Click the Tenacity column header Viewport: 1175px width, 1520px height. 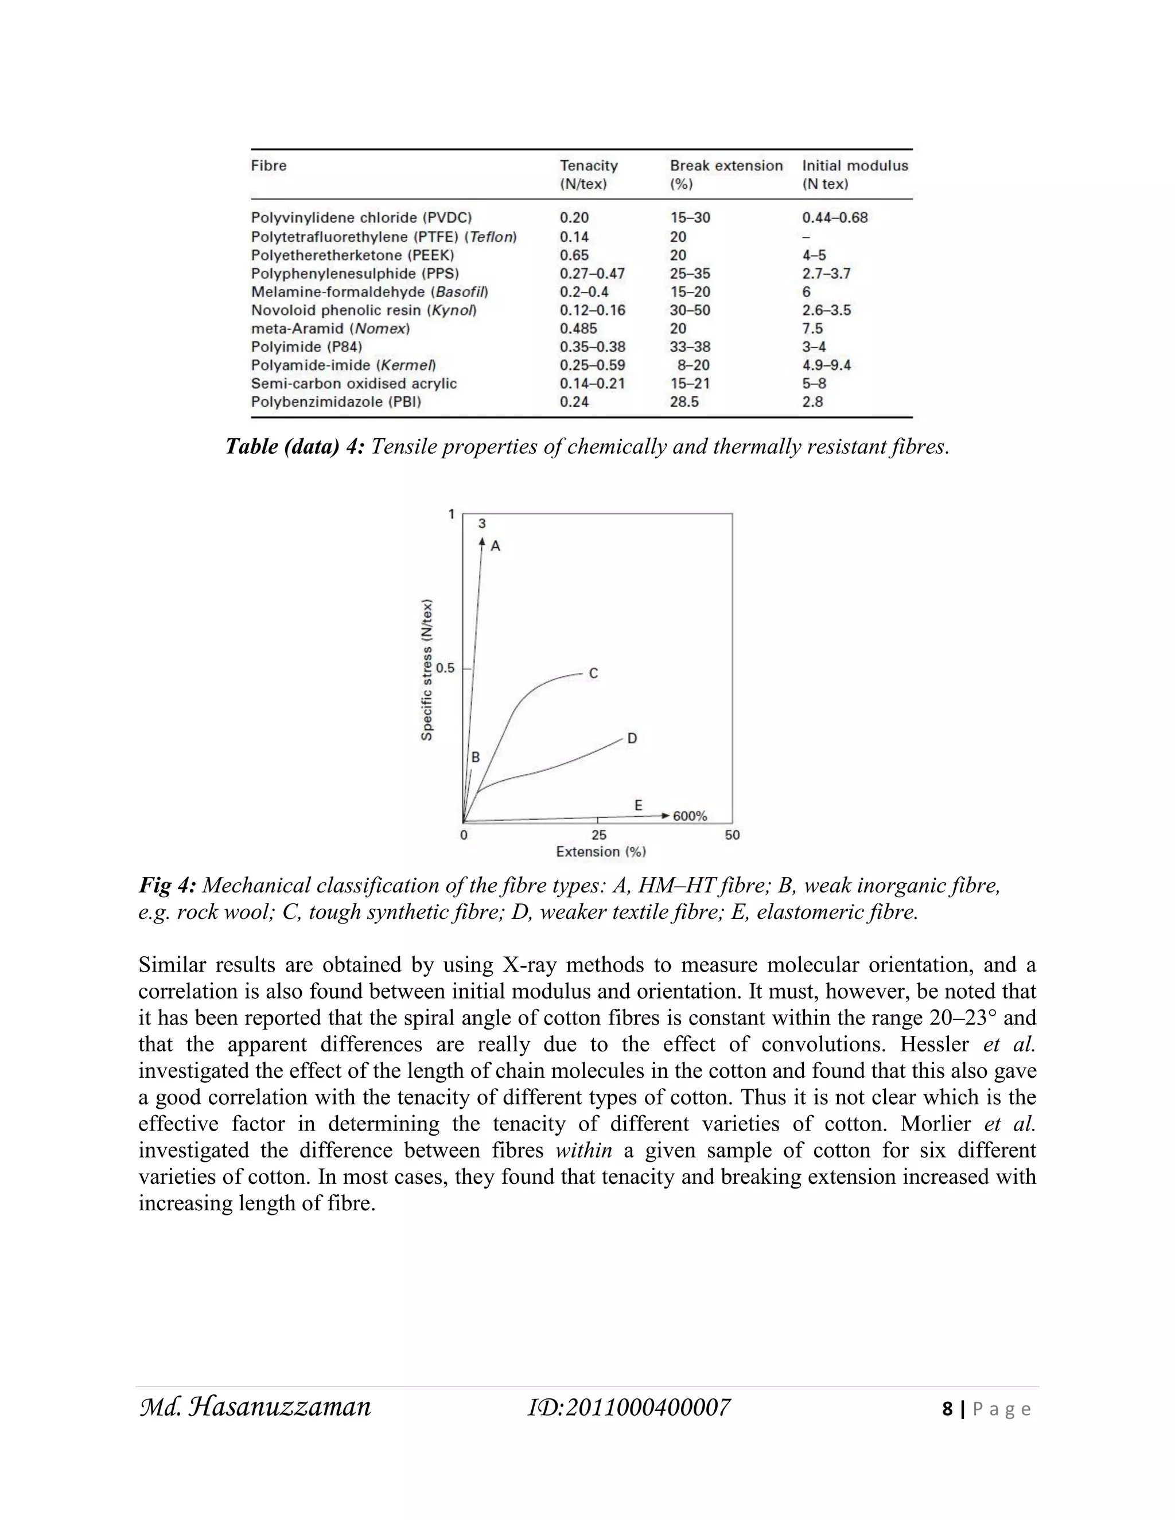tap(588, 166)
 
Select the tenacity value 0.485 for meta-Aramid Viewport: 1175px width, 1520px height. tap(578, 329)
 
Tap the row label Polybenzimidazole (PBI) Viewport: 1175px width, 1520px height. tap(336, 402)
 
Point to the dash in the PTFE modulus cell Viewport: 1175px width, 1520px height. tap(806, 237)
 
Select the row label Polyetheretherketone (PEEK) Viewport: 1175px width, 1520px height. tap(352, 255)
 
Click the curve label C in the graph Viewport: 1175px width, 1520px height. tap(593, 674)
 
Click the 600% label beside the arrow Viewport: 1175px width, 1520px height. tap(689, 816)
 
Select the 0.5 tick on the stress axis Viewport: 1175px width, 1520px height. tap(445, 668)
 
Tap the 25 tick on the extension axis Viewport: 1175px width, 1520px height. tap(598, 835)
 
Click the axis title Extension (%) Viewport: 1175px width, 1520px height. tap(601, 852)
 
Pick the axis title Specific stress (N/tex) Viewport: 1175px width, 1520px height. tap(427, 669)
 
